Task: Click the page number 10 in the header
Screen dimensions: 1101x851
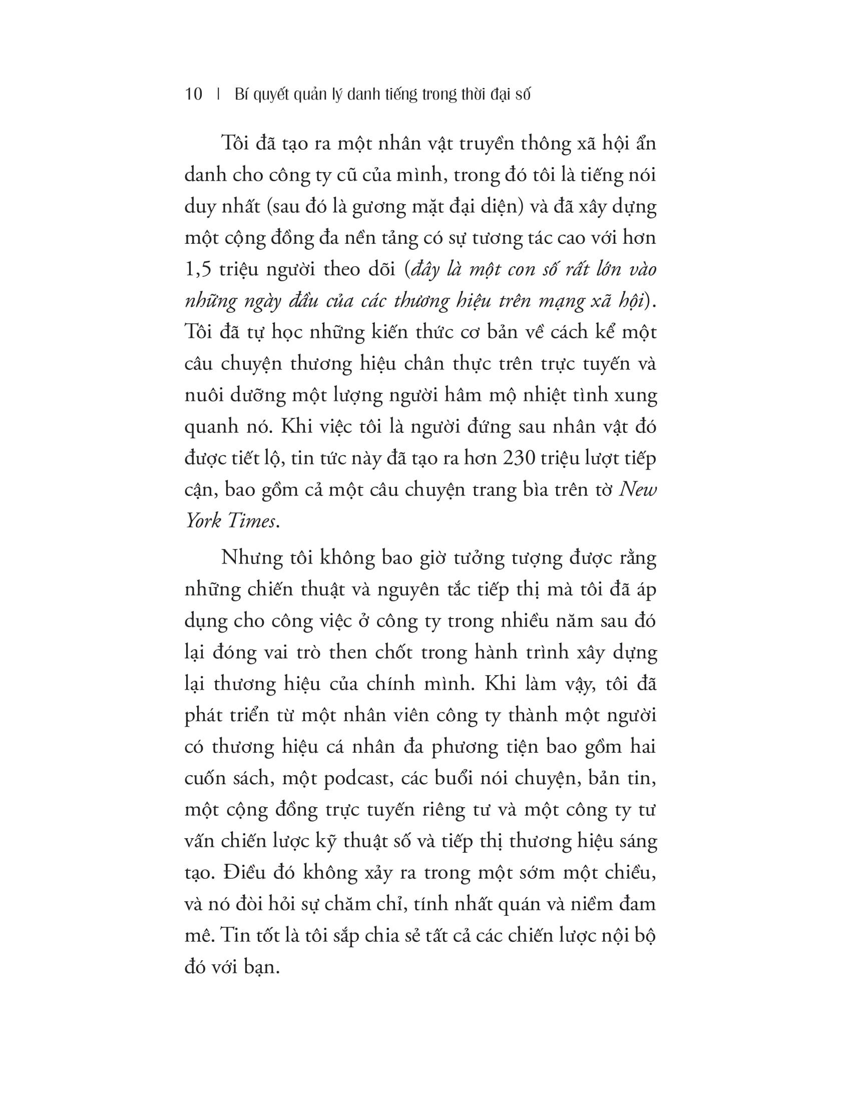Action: [x=194, y=94]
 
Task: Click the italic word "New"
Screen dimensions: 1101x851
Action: [x=638, y=489]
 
